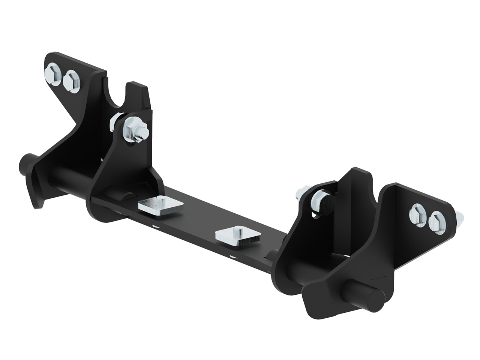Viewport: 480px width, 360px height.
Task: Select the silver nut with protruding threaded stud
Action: pyautogui.click(x=134, y=129)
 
